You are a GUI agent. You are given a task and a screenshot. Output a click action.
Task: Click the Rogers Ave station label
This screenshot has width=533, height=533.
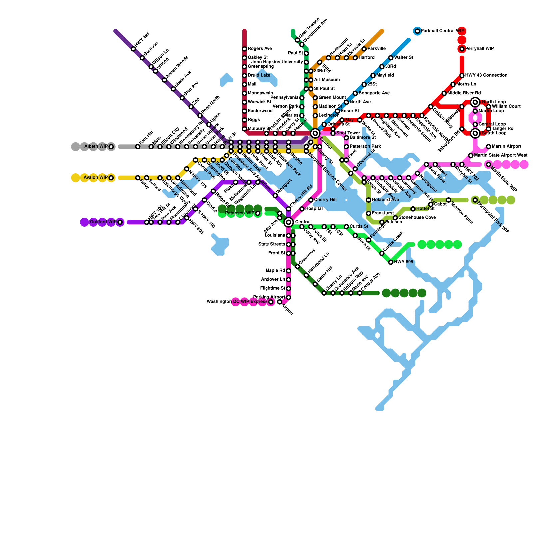click(x=260, y=49)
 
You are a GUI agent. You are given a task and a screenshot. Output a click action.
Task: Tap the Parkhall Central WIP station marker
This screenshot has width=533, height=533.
click(x=417, y=31)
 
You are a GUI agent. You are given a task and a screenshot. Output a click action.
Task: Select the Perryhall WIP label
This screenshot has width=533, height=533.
click(x=479, y=49)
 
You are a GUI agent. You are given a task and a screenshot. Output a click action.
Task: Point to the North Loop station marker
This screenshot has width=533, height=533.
click(x=475, y=102)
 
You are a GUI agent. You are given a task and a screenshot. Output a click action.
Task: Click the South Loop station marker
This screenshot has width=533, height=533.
click(x=475, y=133)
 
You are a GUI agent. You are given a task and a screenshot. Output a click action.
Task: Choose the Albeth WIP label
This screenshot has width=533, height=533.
click(x=96, y=146)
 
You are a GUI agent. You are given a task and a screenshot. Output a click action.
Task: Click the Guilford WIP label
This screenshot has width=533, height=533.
click(x=103, y=222)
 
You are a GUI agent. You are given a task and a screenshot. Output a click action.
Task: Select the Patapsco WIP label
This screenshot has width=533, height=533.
click(x=240, y=213)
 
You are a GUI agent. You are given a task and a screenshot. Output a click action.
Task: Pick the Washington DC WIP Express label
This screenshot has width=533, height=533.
click(x=237, y=302)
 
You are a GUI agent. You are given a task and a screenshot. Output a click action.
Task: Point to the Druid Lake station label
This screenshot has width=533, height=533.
click(x=259, y=75)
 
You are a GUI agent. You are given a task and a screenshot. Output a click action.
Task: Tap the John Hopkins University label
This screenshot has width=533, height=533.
click(x=277, y=62)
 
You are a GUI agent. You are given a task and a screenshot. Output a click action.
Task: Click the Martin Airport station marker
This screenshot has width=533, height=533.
click(x=488, y=147)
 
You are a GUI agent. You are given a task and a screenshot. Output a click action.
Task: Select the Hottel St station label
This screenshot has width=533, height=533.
click(x=425, y=209)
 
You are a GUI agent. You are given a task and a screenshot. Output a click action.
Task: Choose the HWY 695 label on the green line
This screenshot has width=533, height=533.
click(x=403, y=262)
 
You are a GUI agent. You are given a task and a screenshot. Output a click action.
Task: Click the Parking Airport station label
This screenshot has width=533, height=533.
click(x=269, y=297)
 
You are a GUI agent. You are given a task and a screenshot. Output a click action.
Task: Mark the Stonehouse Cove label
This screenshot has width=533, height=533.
click(x=417, y=218)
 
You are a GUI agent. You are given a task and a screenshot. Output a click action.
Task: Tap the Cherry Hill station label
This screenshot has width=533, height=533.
click(x=325, y=200)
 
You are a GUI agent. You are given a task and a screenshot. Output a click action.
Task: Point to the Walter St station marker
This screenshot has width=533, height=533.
click(x=391, y=58)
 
